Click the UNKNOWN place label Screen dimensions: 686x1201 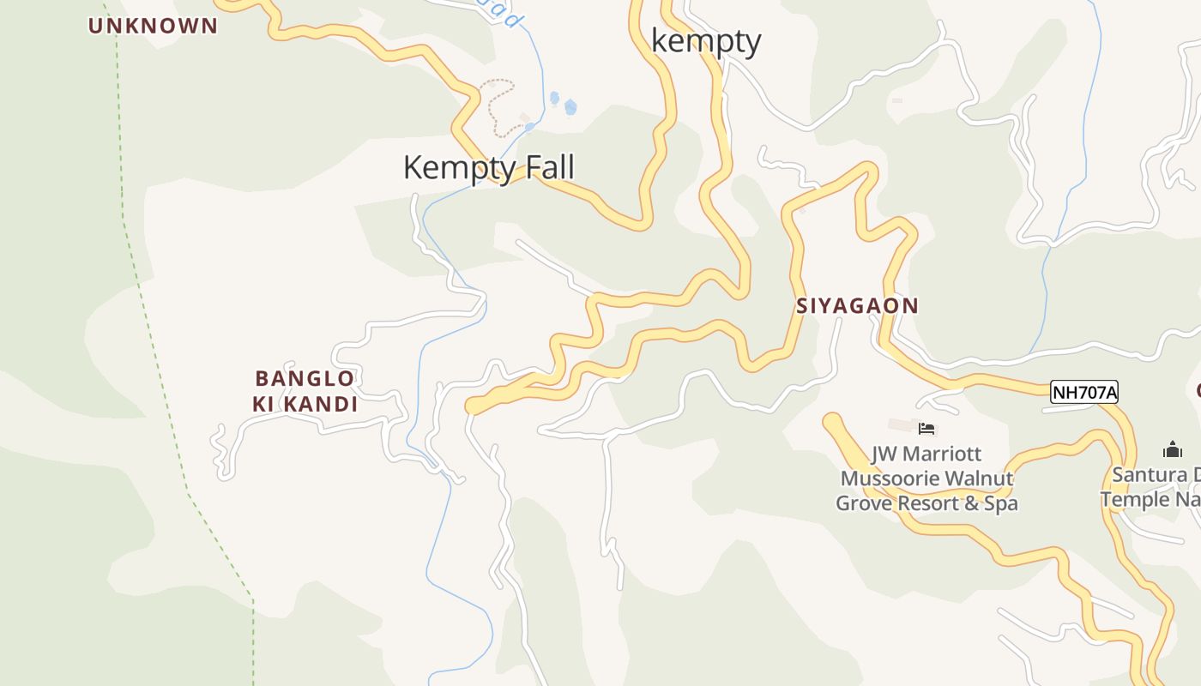coord(153,26)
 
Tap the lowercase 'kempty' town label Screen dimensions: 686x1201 coord(706,41)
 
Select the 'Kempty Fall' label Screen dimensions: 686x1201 coord(488,167)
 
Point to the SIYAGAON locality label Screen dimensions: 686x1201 coord(857,306)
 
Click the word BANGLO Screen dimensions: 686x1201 coord(305,378)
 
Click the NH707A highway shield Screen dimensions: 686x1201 coord(1084,393)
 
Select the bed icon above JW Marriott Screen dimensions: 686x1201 coord(926,428)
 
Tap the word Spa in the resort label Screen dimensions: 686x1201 coord(1001,503)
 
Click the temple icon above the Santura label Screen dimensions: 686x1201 coord(1172,449)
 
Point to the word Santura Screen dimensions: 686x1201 coord(1150,475)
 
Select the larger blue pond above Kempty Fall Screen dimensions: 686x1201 coord(570,107)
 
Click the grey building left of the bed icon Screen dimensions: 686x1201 coord(901,425)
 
